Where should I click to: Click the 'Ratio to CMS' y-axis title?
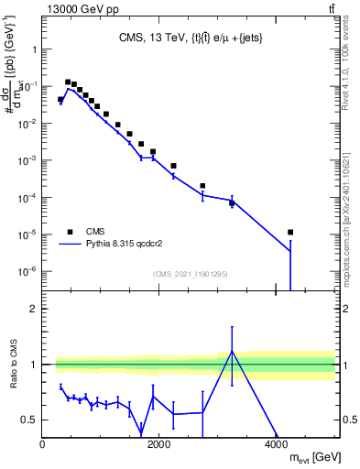point(14,376)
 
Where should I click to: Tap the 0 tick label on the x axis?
point(43,443)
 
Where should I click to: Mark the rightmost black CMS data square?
point(290,232)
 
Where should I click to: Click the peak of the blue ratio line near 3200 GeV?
point(232,351)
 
